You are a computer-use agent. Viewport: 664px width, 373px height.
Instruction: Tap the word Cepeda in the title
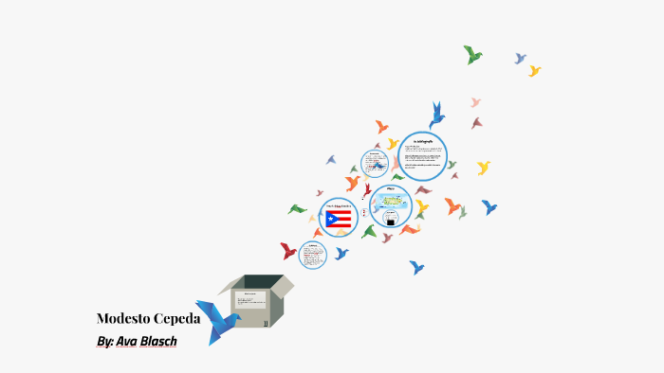176,318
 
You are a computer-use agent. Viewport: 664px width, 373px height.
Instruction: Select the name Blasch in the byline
157,341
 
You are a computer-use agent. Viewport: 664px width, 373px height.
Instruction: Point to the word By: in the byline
104,341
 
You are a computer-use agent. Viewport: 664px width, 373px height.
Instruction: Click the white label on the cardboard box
251,302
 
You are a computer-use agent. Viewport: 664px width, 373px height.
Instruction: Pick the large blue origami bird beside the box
217,322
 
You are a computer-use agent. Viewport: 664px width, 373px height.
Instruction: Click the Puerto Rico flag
339,220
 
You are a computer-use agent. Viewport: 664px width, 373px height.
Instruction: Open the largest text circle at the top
422,155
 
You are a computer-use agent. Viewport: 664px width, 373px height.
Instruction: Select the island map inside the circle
390,201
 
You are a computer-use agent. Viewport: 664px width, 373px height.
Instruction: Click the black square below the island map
391,220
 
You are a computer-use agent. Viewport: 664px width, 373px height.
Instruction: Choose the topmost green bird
472,54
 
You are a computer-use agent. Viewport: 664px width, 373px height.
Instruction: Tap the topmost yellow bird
535,71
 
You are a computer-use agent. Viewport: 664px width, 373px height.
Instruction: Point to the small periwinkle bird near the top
520,59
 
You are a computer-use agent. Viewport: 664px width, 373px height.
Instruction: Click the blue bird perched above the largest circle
436,115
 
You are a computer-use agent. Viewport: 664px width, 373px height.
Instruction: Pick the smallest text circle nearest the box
312,254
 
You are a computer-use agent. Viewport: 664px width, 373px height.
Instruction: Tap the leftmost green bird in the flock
298,208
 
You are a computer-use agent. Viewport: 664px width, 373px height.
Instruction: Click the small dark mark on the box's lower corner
267,323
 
